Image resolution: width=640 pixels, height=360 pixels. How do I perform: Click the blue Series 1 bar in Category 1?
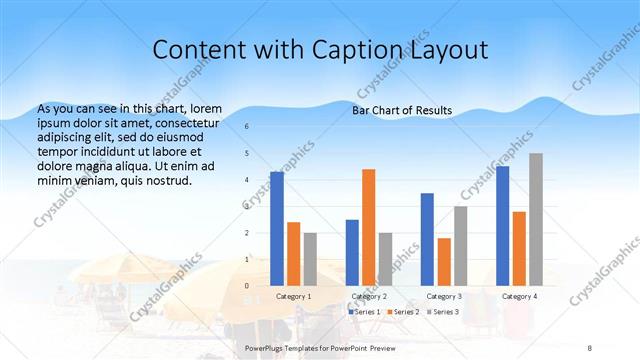277,229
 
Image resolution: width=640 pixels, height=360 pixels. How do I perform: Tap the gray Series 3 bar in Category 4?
536,220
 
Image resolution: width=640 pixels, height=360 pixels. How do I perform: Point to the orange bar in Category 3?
444,262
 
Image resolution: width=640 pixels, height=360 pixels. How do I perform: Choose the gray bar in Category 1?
310,259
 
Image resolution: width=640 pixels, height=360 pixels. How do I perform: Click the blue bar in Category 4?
502,226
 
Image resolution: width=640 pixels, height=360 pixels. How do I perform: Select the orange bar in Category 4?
519,249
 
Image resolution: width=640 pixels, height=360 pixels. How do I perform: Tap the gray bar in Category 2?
385,259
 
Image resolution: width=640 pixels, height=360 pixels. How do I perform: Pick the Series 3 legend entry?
445,312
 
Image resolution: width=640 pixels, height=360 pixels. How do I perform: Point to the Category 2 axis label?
369,297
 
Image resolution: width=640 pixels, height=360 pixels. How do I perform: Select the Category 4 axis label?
519,297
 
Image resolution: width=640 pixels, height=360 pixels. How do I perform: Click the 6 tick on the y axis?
247,127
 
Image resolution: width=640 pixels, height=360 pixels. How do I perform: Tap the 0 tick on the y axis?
247,286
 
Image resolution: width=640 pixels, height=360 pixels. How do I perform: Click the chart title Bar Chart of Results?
402,110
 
